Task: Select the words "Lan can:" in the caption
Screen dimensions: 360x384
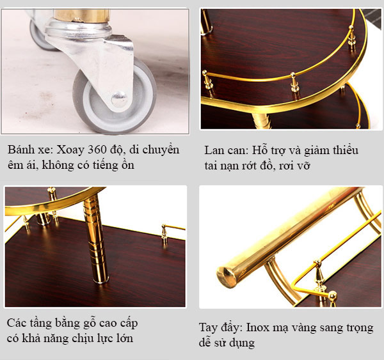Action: coord(224,151)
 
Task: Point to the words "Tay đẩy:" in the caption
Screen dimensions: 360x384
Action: coord(220,327)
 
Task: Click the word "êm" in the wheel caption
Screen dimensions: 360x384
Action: coord(15,166)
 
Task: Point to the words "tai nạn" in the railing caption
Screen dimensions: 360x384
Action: coord(221,166)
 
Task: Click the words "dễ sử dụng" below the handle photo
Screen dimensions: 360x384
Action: coord(227,343)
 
